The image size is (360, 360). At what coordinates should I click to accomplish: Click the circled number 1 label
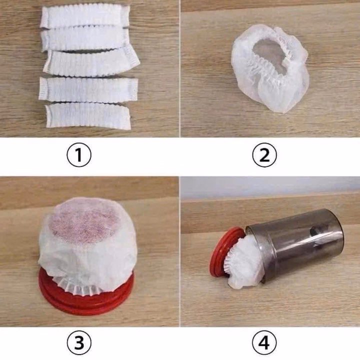[79, 155]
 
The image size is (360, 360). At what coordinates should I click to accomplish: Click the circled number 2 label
[264, 155]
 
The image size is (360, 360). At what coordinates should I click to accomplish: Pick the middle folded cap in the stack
[91, 62]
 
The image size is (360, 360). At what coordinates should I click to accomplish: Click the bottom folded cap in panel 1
[88, 116]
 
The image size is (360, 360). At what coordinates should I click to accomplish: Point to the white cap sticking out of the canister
[244, 263]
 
